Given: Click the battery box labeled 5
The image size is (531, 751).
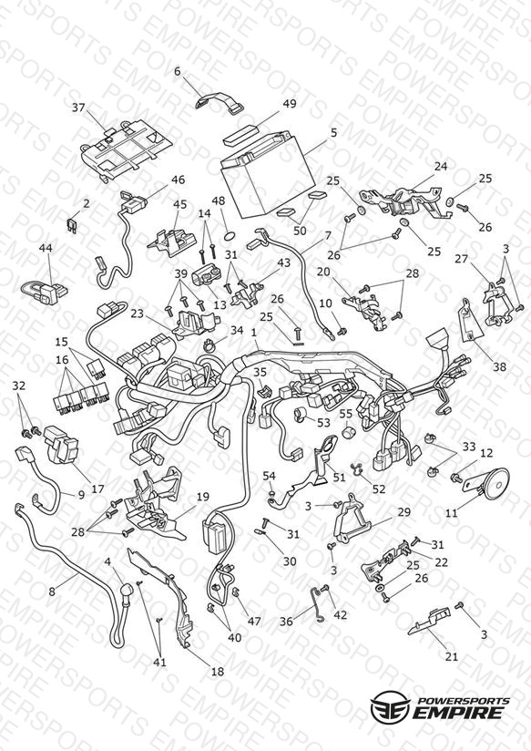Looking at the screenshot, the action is point(268,176).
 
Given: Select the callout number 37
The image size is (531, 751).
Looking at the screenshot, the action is point(78,108).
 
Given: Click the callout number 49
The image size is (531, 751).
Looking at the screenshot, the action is point(290,104).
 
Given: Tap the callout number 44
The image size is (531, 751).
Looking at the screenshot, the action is point(46,248).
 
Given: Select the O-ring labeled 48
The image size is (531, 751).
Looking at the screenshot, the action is point(230,235).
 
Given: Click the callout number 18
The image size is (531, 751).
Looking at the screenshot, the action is point(218,672).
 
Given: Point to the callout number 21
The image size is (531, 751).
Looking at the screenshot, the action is point(452,656).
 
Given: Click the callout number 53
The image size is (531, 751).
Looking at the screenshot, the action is point(323,422).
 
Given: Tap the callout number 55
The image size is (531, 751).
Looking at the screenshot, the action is point(346,412).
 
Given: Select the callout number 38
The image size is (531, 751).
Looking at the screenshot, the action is point(500,367).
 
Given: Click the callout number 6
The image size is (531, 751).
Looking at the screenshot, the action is point(178,72).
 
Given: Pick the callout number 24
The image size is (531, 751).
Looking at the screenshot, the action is point(441,166).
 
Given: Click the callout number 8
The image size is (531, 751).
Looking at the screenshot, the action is point(52,592).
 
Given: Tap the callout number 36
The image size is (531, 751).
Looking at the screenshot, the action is point(286,622).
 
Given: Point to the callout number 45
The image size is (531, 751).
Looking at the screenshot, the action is point(180,204).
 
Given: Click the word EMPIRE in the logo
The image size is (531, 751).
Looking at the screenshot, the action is point(459,712).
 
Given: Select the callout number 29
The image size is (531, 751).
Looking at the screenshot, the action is point(404,512).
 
